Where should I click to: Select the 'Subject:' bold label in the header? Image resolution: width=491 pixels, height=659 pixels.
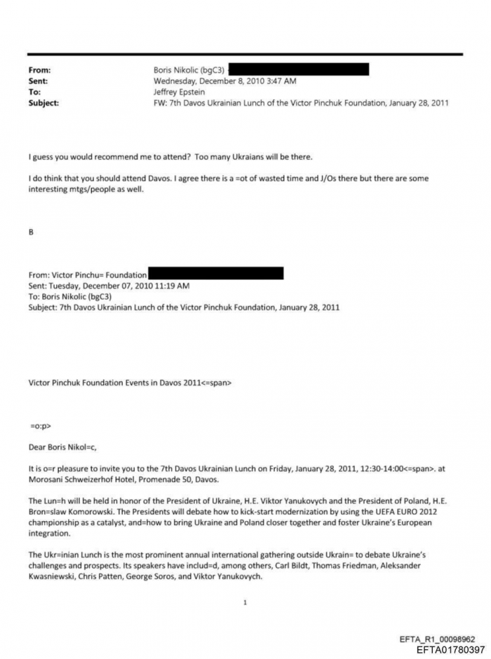pos(43,103)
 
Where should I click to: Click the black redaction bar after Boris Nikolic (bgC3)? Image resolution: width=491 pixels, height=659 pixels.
pos(298,69)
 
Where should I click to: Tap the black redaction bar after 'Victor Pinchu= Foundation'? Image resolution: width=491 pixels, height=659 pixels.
pos(215,274)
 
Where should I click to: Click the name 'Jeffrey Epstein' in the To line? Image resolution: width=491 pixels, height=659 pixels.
pos(179,92)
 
